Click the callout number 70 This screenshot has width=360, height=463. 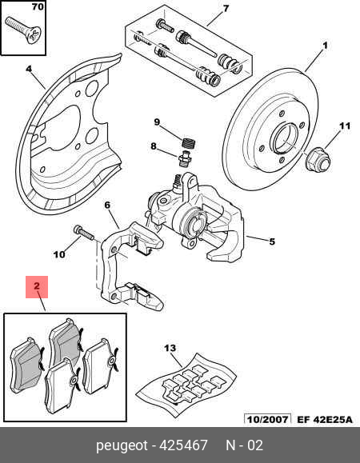(38, 6)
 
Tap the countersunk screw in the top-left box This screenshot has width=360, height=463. (23, 30)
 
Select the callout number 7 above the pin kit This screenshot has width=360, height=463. (226, 9)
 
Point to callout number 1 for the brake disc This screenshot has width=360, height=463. (325, 46)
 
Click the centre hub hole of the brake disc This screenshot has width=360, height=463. (286, 138)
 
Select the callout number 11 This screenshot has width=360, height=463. (344, 126)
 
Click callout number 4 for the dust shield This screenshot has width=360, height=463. (29, 69)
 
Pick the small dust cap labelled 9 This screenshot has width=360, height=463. (189, 143)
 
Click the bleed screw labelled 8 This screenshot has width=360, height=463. (184, 159)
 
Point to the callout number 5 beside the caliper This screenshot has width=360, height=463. (272, 241)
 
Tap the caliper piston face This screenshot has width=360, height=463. (195, 225)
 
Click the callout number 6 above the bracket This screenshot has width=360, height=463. (107, 205)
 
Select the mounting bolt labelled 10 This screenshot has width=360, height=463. (83, 232)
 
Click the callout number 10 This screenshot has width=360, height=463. (59, 254)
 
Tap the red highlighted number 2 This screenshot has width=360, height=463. (37, 285)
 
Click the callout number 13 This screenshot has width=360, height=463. (170, 349)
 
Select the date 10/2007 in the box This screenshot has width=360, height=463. (267, 419)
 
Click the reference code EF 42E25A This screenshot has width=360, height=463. (325, 419)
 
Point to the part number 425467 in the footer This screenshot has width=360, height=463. (183, 445)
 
